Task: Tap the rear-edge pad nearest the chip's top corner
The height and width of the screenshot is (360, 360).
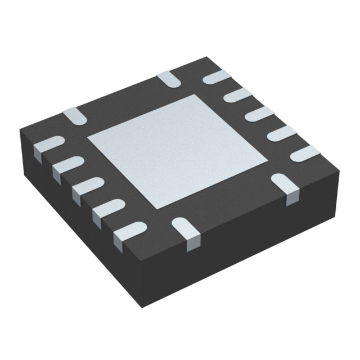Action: [x=168, y=79]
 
